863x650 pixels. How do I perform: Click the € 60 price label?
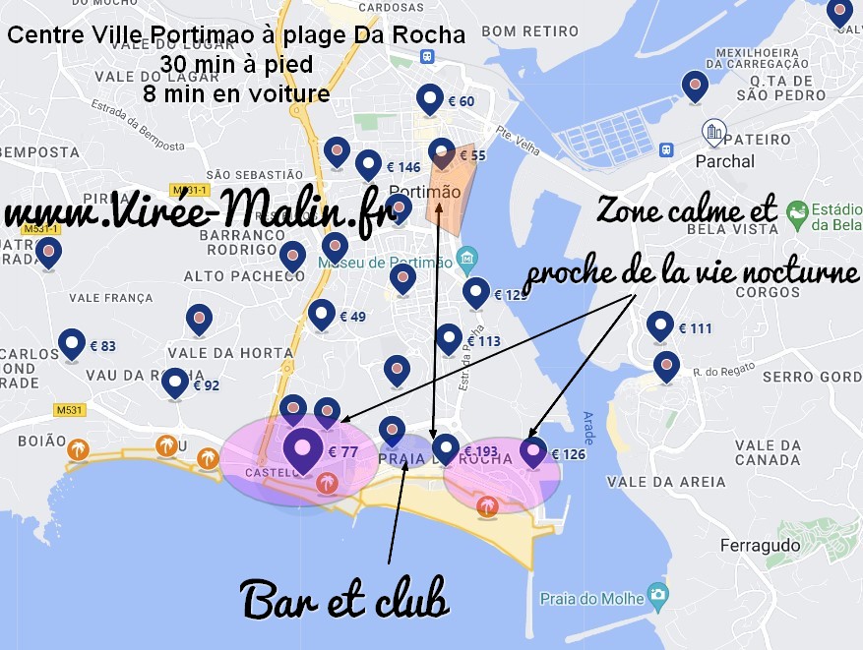[461, 102]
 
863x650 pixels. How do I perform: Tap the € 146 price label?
[403, 168]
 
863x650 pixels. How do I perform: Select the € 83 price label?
[102, 346]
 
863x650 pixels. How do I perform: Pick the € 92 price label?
[206, 385]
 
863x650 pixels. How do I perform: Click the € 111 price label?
[695, 328]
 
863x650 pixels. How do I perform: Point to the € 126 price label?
[568, 455]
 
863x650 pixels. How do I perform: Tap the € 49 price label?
[352, 318]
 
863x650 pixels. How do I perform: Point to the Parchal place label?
[724, 161]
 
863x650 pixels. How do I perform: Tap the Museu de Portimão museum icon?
[468, 259]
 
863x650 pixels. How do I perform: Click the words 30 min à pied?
[236, 66]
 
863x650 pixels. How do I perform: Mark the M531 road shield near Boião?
[69, 410]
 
